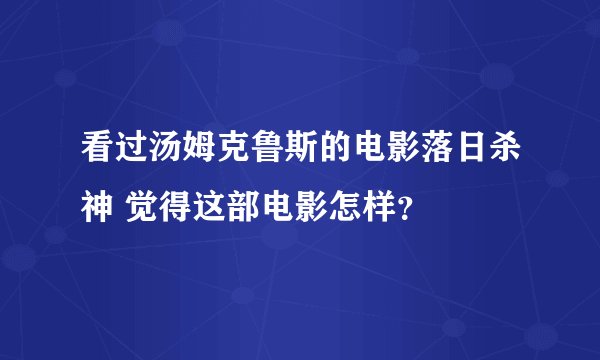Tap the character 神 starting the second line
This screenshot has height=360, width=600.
(98, 209)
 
